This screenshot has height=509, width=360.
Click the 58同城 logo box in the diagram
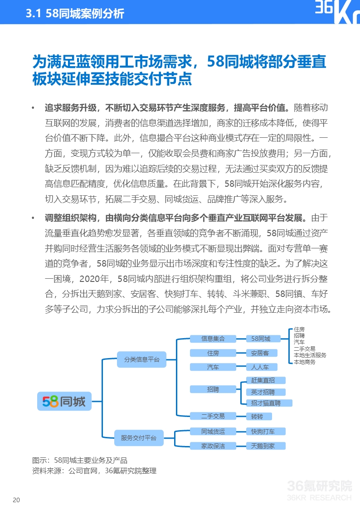64,401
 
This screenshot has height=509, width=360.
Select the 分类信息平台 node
141,359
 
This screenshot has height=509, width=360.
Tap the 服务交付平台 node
138,438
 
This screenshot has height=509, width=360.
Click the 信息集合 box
213,339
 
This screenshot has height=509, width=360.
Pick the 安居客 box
260,353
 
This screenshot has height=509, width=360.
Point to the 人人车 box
260,367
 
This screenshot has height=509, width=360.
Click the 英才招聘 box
263,392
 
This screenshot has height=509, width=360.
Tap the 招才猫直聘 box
266,403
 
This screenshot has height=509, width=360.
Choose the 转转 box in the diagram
257,416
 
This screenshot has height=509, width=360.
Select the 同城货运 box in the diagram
213,431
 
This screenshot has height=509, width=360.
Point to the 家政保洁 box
213,446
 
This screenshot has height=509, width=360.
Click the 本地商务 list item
304,362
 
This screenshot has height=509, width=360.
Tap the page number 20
16,500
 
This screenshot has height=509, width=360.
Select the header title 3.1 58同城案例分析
75,14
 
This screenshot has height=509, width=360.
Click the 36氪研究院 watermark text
320,486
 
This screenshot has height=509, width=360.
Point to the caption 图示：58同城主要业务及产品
80,460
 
